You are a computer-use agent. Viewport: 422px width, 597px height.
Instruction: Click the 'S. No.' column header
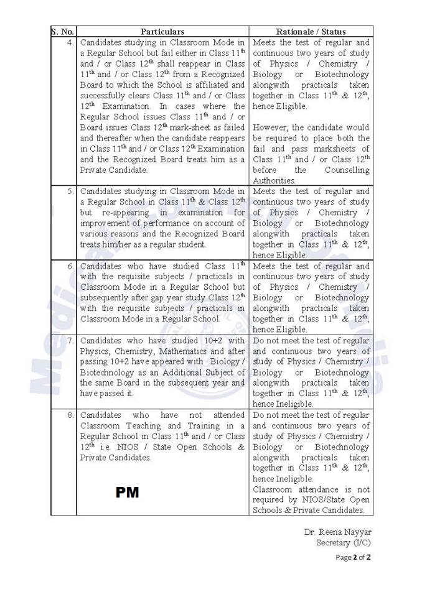tap(63, 31)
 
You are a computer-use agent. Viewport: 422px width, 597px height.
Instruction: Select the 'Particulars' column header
tap(162, 31)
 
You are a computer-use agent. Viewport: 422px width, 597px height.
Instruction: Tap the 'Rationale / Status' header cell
tap(311, 31)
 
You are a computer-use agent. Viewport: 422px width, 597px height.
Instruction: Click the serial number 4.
tap(70, 42)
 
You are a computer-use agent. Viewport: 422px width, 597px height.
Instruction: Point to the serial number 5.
tap(70, 192)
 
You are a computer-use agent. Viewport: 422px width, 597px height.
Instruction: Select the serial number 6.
tap(70, 266)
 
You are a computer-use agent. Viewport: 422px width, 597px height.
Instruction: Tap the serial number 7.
tap(70, 341)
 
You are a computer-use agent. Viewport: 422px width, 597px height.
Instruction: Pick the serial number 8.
tap(70, 415)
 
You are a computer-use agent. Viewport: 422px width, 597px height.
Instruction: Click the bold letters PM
tap(127, 493)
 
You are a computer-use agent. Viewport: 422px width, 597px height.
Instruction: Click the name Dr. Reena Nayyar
tap(337, 532)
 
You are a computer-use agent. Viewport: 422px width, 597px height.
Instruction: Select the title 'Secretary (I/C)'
tap(343, 543)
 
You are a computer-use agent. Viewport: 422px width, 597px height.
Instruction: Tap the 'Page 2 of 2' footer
tap(353, 557)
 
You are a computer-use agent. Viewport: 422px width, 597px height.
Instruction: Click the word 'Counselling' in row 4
tap(347, 170)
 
